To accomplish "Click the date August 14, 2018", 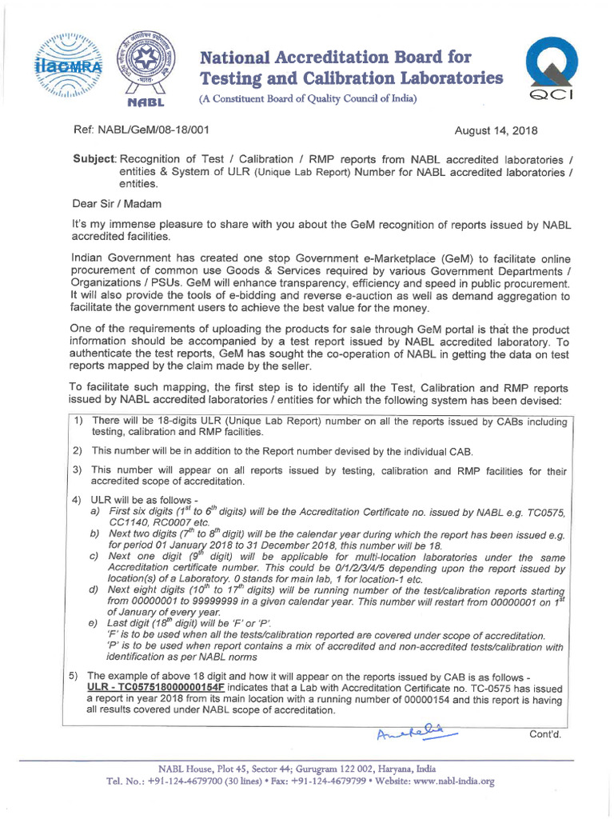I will click(496, 130).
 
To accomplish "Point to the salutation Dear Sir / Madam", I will click(117, 204).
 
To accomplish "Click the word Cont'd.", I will click(547, 735).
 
